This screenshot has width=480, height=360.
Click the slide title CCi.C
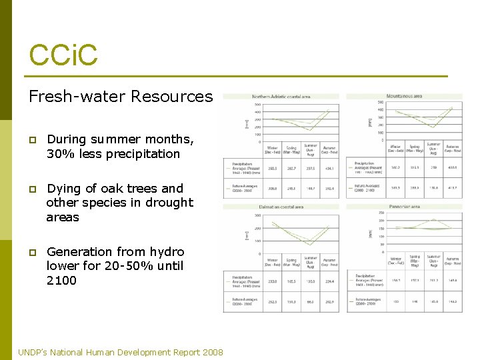pyautogui.click(x=63, y=55)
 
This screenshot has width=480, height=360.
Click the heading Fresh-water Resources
pyautogui.click(x=120, y=97)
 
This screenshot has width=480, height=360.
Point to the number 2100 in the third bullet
pyautogui.click(x=61, y=281)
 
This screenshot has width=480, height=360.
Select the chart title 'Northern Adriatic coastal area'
pyautogui.click(x=281, y=97)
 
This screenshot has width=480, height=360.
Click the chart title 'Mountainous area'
pyautogui.click(x=404, y=96)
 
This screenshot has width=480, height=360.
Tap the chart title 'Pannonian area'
pyautogui.click(x=404, y=207)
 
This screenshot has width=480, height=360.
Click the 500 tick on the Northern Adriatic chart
pyautogui.click(x=257, y=104)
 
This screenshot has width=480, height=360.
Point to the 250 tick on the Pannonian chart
pyautogui.click(x=382, y=213)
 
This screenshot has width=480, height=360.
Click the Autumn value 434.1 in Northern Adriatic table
pyautogui.click(x=329, y=169)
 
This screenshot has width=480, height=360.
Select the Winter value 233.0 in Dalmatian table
pyautogui.click(x=273, y=281)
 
